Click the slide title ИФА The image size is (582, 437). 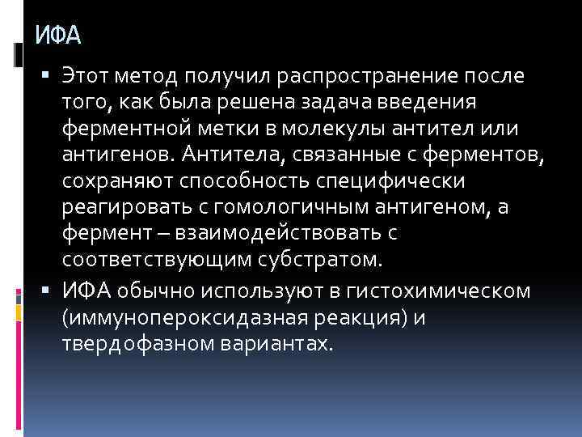click(x=59, y=36)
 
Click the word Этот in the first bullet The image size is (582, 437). click(x=86, y=76)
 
